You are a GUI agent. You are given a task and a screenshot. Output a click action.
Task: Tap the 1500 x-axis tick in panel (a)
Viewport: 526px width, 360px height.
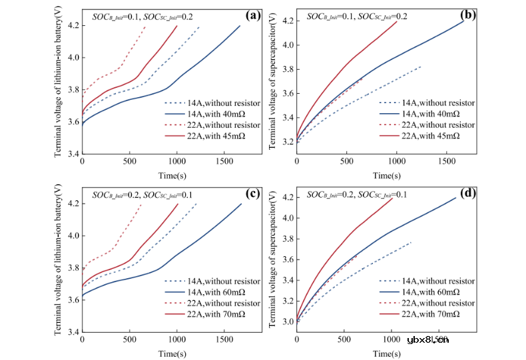coord(224,164)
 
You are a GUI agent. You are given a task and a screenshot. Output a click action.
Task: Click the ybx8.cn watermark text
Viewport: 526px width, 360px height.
coord(427,340)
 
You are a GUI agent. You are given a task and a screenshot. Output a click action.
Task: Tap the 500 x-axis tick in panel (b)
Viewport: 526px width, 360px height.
coord(344,164)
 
